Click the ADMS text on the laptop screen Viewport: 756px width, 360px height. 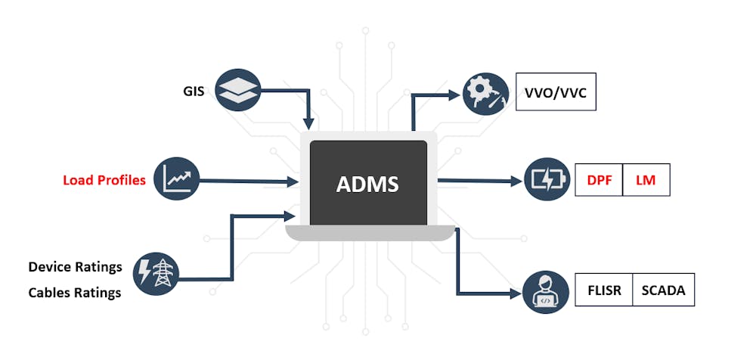pyautogui.click(x=368, y=184)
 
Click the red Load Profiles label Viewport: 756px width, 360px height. pyautogui.click(x=104, y=180)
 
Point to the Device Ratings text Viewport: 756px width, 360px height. pyautogui.click(x=75, y=267)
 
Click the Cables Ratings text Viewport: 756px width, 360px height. pyautogui.click(x=75, y=293)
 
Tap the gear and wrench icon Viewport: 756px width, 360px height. pyautogui.click(x=485, y=95)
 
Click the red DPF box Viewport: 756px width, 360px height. pyautogui.click(x=600, y=180)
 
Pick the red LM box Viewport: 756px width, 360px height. pyautogui.click(x=646, y=180)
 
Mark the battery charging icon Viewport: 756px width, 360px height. pyautogui.click(x=546, y=180)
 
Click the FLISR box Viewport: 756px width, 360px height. pyautogui.click(x=604, y=290)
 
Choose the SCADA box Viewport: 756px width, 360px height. pyautogui.click(x=663, y=290)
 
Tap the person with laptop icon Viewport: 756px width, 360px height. pyautogui.click(x=544, y=291)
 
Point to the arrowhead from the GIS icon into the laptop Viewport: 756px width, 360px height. pyautogui.click(x=308, y=123)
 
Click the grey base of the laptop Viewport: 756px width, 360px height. pyautogui.click(x=368, y=234)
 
